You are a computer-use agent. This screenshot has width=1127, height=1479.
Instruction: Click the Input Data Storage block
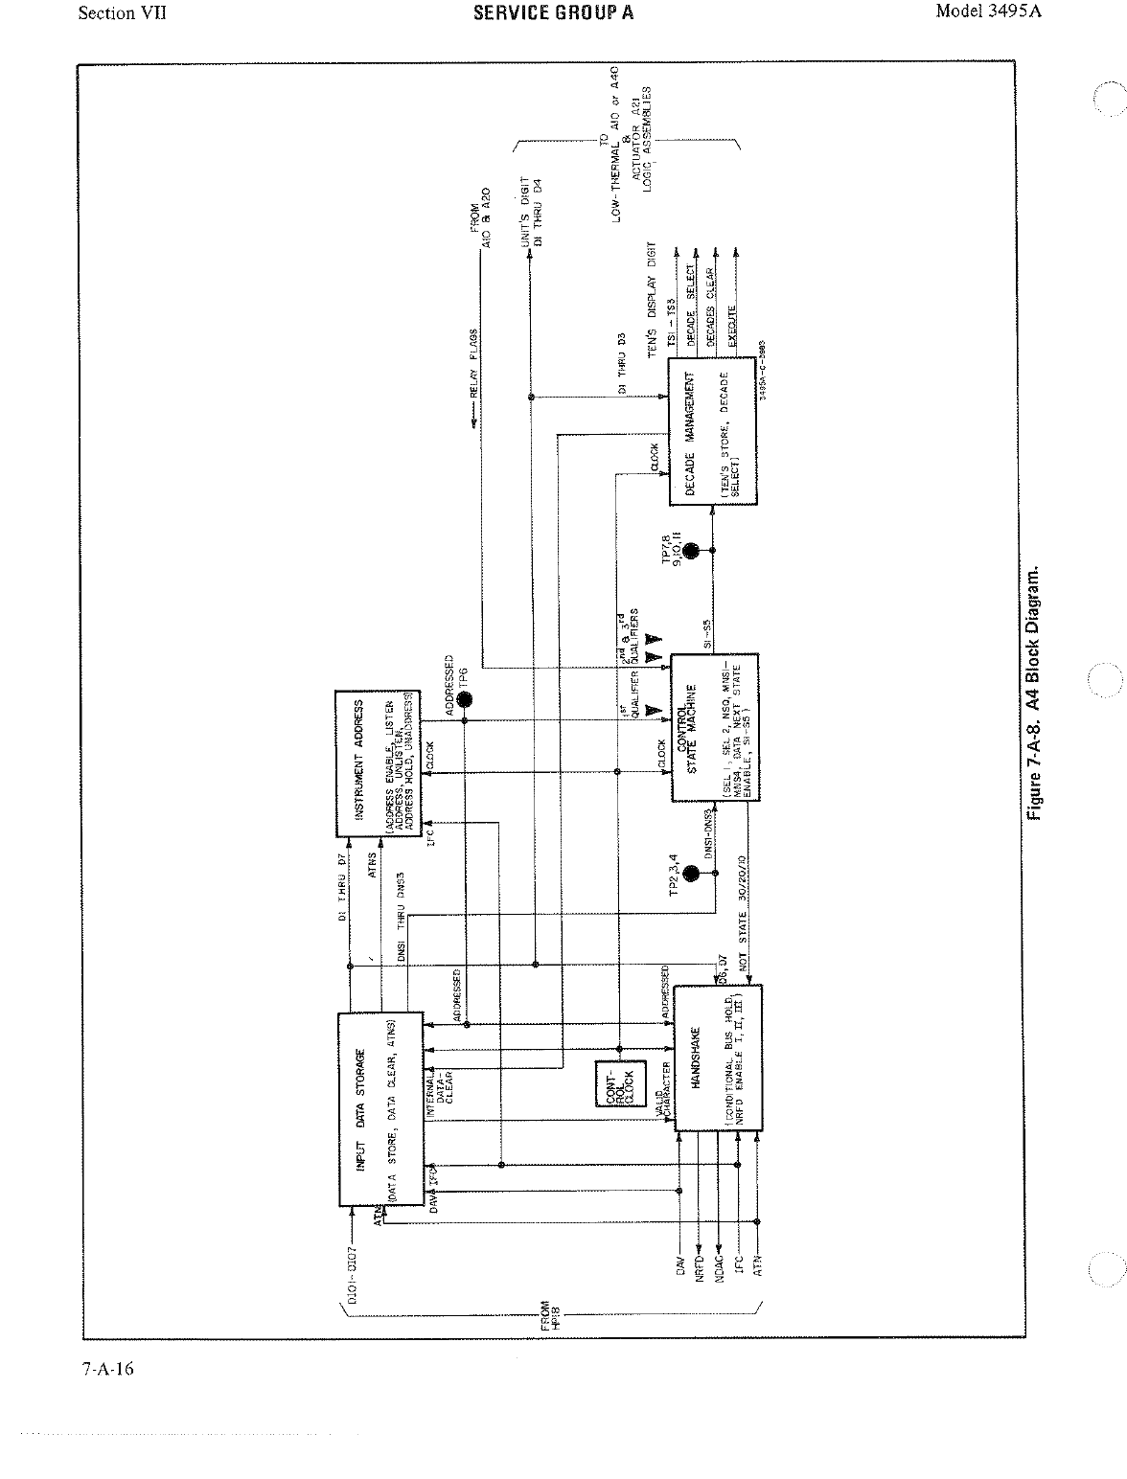tap(380, 1108)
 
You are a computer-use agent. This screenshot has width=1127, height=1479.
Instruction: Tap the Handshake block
tap(718, 1058)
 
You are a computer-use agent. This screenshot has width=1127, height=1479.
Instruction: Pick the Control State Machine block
tap(714, 728)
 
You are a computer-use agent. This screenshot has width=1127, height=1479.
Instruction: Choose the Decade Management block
tap(712, 433)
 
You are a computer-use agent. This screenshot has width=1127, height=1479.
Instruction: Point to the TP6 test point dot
tap(464, 700)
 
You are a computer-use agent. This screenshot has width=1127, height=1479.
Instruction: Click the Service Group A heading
tap(553, 12)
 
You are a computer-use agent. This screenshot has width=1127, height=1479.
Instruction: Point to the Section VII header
tap(123, 13)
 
